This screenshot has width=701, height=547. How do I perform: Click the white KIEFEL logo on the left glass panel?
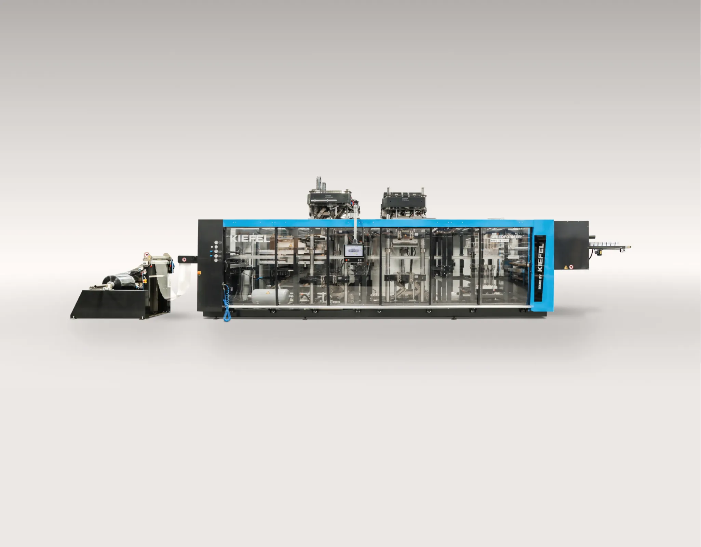coord(250,239)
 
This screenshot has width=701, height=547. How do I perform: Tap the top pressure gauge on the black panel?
coord(216,242)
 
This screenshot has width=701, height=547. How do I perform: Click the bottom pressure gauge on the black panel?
coord(216,260)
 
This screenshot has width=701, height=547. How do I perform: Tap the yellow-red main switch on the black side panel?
coord(199,272)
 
